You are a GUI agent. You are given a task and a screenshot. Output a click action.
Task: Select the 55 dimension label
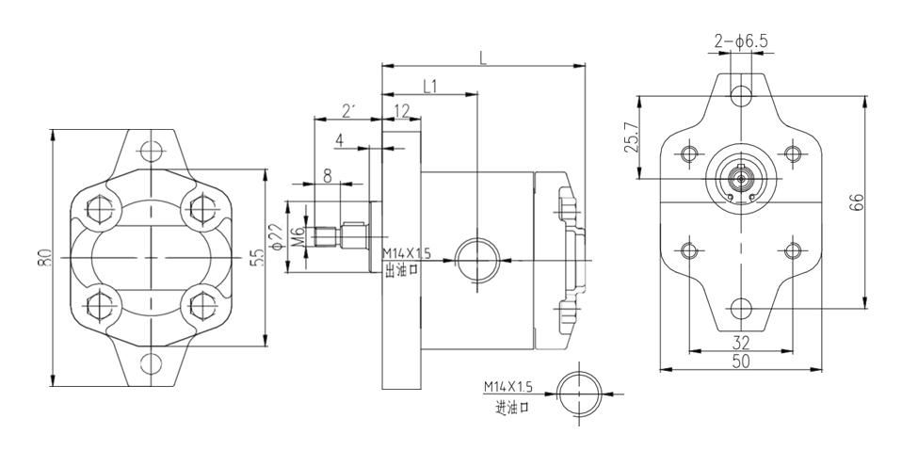256,257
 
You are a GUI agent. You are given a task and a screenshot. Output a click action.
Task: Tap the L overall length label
483,57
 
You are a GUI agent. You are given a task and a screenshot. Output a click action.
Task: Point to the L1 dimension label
429,87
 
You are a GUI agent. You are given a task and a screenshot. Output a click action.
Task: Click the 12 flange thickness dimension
402,110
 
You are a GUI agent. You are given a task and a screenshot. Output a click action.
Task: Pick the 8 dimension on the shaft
327,173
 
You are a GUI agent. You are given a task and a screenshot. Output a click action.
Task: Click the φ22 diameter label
275,233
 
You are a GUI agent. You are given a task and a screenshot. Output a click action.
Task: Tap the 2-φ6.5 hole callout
743,40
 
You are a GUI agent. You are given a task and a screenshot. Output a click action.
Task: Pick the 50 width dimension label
742,361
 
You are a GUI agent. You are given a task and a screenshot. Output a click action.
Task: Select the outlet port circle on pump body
477,259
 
